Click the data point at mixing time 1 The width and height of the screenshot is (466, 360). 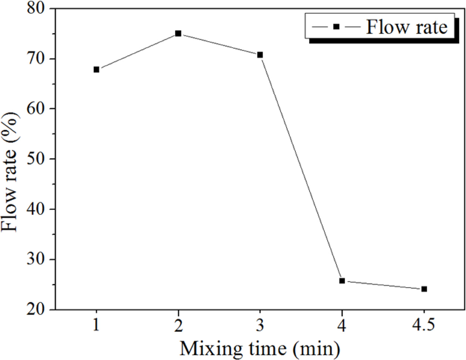click(x=97, y=69)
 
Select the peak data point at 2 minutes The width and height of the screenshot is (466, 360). click(x=178, y=34)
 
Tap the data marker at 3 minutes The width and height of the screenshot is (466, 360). click(x=260, y=55)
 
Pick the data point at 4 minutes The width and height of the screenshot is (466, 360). click(x=342, y=281)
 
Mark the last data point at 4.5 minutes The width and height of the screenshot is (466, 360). click(x=424, y=289)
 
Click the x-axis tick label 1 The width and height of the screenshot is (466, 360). click(x=97, y=326)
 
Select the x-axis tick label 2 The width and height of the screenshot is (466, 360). click(x=178, y=326)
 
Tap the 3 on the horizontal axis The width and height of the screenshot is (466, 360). click(x=260, y=326)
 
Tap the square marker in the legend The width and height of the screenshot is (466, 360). click(x=336, y=27)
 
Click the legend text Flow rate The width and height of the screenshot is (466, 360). click(x=407, y=27)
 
